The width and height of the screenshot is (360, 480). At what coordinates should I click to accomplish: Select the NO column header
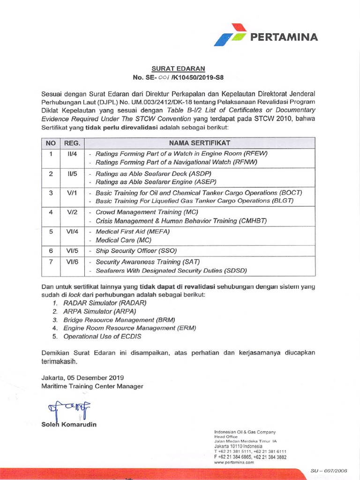(x=51, y=142)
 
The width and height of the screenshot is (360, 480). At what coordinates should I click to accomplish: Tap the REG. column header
(x=72, y=142)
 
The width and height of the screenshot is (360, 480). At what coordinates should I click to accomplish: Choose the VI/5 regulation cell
(x=72, y=250)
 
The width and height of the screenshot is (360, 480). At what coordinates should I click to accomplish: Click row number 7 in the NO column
(x=51, y=262)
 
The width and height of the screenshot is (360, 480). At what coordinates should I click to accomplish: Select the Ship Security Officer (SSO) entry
(x=136, y=251)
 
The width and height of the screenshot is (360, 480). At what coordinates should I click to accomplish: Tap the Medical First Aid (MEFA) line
(x=132, y=232)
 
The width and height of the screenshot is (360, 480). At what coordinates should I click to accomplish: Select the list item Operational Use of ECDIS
(x=102, y=337)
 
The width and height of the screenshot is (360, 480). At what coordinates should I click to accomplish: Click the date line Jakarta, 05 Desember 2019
(x=82, y=377)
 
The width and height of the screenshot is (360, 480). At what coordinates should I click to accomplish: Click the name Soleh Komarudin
(x=70, y=425)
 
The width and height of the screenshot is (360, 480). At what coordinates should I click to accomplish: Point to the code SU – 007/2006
(x=329, y=470)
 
